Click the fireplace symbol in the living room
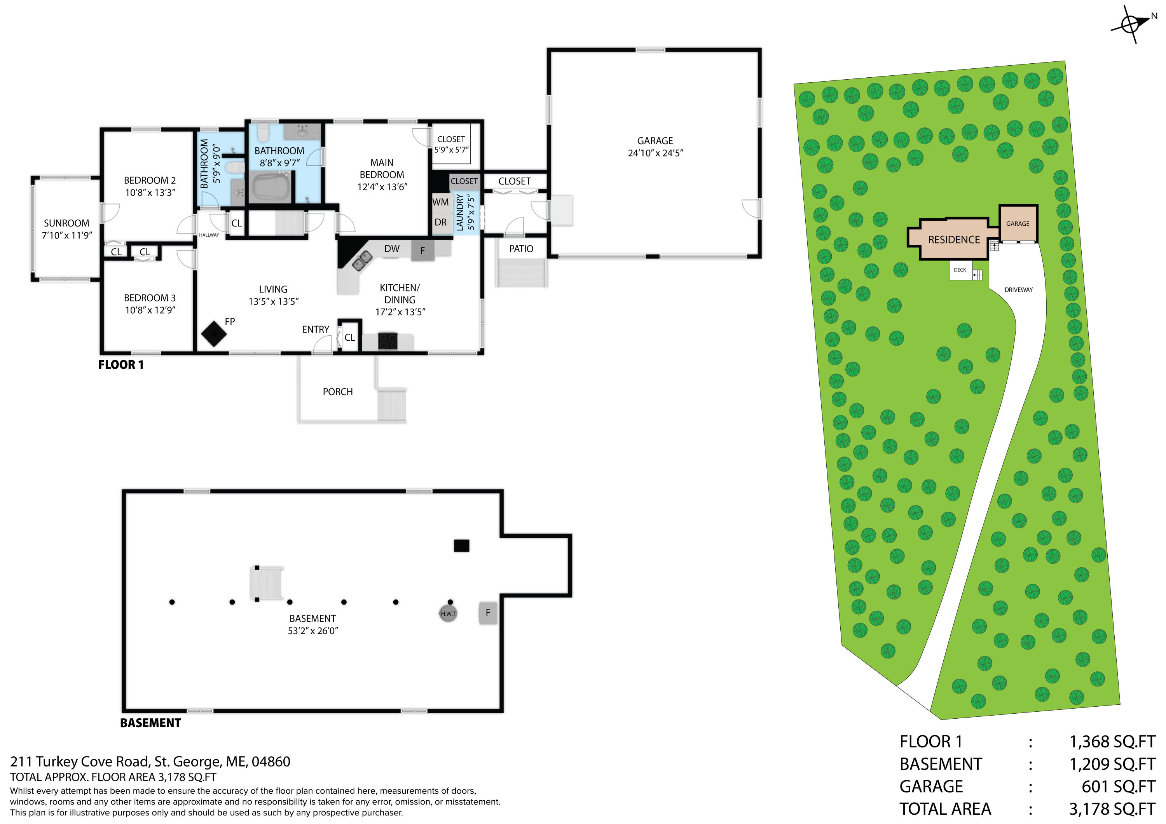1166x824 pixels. coord(214,334)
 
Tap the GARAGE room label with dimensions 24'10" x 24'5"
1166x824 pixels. coord(655,146)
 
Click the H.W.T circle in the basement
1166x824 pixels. coord(448,613)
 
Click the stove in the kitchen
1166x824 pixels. coord(388,341)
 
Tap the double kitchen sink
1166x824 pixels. coord(362,260)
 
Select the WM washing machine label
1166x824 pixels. coord(440,202)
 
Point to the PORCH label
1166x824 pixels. coord(338,392)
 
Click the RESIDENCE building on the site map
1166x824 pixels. coord(954,240)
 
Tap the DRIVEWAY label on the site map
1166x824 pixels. coord(1018,290)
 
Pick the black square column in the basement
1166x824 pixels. coord(461,546)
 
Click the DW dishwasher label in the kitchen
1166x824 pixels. coord(391,249)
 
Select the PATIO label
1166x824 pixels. coord(521,249)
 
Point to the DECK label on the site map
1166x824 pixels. coord(960,270)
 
